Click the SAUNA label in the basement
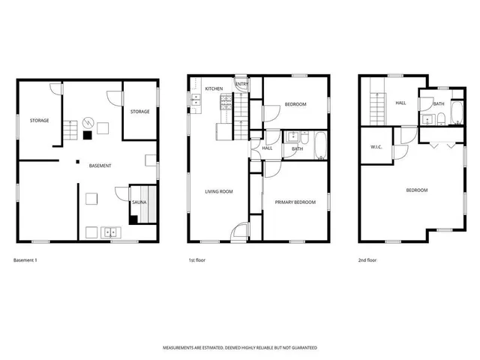click(x=139, y=202)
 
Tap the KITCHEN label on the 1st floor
click(x=214, y=89)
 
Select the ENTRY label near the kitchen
click(x=242, y=84)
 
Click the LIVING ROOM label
click(x=219, y=191)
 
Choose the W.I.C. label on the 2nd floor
click(x=377, y=146)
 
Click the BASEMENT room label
click(x=100, y=165)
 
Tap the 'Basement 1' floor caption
click(x=25, y=260)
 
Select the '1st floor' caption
click(x=197, y=260)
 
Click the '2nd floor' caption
click(x=368, y=260)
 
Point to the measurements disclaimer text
click(x=240, y=348)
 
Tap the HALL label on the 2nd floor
click(x=400, y=103)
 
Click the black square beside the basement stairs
click(x=88, y=136)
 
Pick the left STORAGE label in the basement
click(x=40, y=120)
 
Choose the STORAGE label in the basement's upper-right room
click(x=139, y=112)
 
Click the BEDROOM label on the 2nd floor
click(x=416, y=190)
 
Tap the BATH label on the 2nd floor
click(x=439, y=103)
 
